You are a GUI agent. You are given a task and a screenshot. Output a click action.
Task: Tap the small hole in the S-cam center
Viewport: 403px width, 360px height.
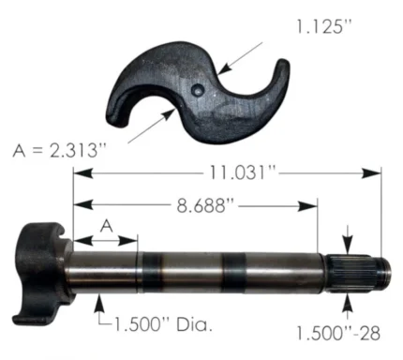(198, 89)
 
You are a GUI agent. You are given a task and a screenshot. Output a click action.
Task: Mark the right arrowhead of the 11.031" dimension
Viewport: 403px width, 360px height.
(379, 172)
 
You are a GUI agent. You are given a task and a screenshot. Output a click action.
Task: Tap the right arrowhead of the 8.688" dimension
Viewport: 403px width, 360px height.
(315, 204)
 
